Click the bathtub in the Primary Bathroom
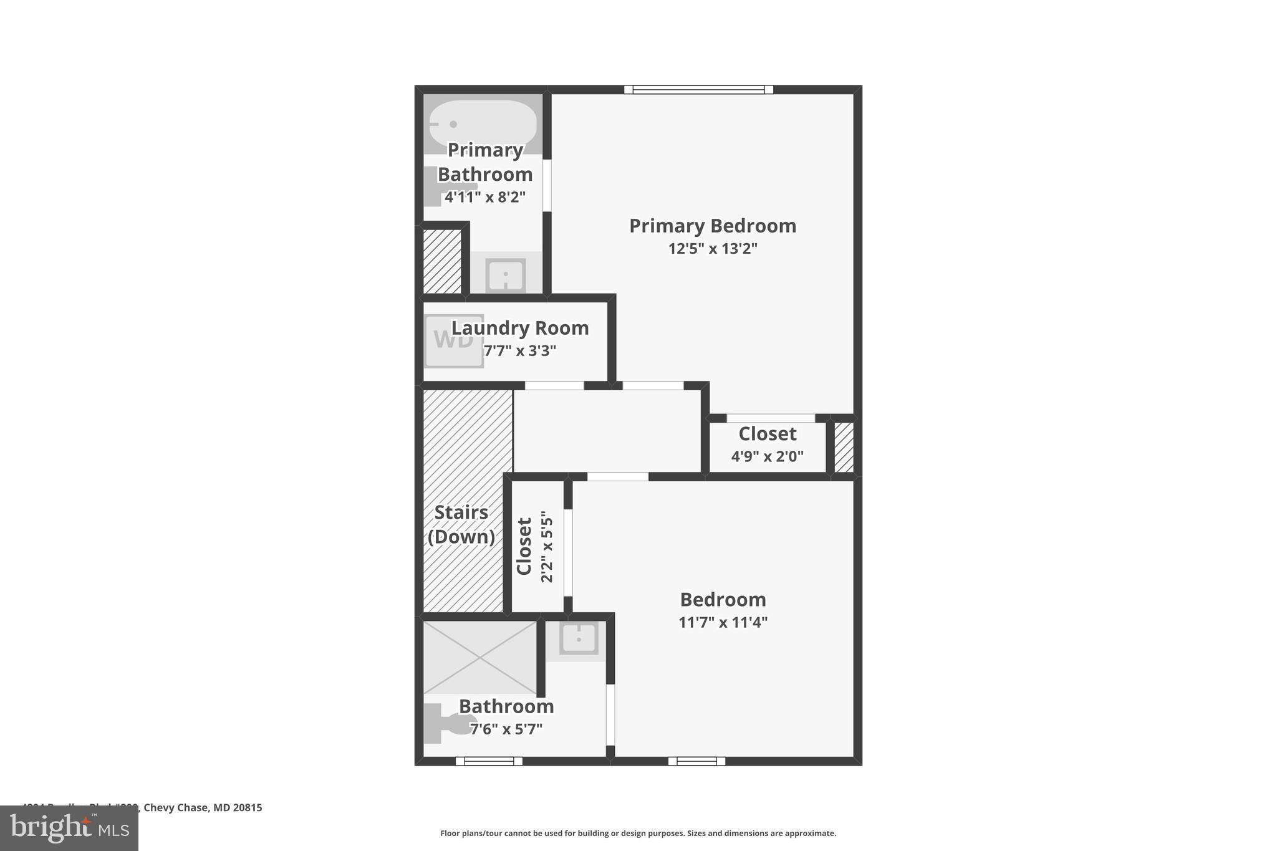pyautogui.click(x=483, y=123)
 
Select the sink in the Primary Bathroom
pyautogui.click(x=505, y=274)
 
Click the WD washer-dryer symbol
pyautogui.click(x=453, y=340)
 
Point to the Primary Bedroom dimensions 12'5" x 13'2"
pyautogui.click(x=713, y=249)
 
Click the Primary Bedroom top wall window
pyautogui.click(x=698, y=90)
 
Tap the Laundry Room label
pyautogui.click(x=520, y=328)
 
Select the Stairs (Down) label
pyautogui.click(x=461, y=524)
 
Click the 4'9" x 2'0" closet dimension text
pyautogui.click(x=767, y=456)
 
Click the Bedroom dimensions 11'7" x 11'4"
pyautogui.click(x=723, y=622)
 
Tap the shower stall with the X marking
pyautogui.click(x=480, y=657)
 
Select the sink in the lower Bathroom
pyautogui.click(x=578, y=638)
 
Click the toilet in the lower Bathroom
pyautogui.click(x=446, y=723)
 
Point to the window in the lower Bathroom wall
pyautogui.click(x=489, y=761)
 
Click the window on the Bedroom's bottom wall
pyautogui.click(x=696, y=761)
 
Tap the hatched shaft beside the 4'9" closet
pyautogui.click(x=844, y=447)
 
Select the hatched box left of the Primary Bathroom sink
pyautogui.click(x=442, y=261)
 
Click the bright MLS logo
pyautogui.click(x=69, y=828)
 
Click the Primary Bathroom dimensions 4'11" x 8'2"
pyautogui.click(x=485, y=198)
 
